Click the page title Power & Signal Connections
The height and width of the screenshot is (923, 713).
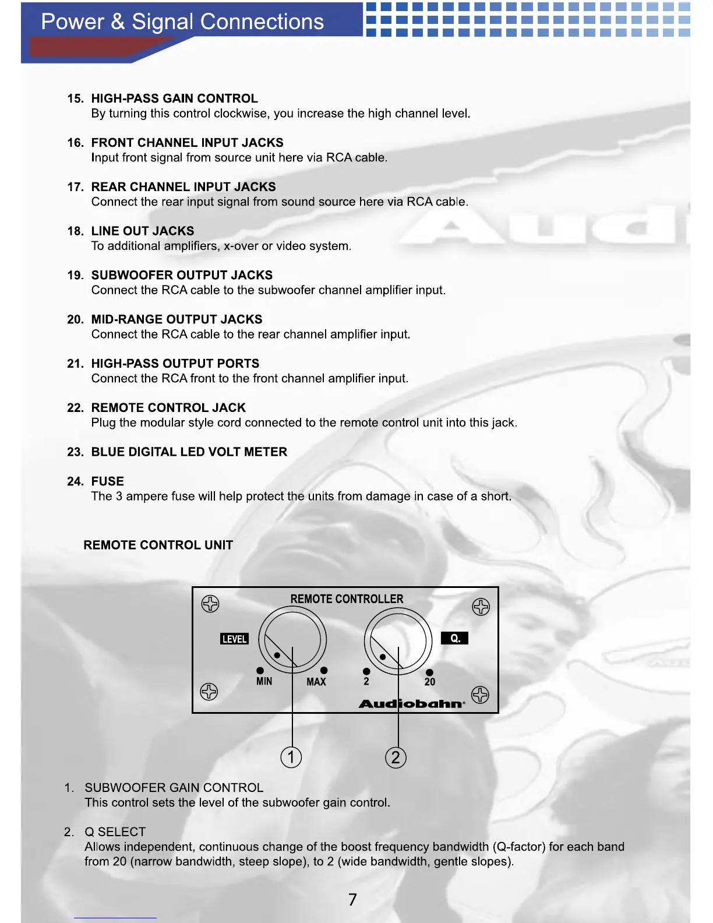click(x=182, y=22)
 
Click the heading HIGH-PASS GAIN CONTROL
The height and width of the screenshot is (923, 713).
click(x=174, y=98)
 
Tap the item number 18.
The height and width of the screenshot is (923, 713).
click(x=75, y=231)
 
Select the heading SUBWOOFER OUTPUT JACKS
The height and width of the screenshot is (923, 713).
click(x=182, y=275)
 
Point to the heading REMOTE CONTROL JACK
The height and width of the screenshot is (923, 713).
click(x=168, y=408)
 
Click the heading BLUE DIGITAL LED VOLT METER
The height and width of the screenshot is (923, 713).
click(x=189, y=452)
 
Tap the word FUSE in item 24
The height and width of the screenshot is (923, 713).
click(x=108, y=481)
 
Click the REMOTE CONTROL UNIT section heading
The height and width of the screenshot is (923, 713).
click(x=158, y=545)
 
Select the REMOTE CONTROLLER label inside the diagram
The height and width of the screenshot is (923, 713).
click(x=347, y=599)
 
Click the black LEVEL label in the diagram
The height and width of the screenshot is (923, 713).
click(x=234, y=639)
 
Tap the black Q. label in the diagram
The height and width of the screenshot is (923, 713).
click(x=455, y=639)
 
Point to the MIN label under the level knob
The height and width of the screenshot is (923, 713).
click(x=264, y=681)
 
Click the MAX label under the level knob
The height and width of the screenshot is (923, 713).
click(x=316, y=682)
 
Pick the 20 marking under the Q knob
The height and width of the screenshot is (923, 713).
click(x=430, y=682)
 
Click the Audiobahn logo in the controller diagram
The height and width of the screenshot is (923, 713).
click(x=412, y=704)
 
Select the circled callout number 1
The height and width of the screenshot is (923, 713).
click(x=291, y=757)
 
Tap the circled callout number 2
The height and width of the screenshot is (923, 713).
click(x=396, y=758)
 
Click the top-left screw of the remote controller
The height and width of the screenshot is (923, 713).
click(x=210, y=604)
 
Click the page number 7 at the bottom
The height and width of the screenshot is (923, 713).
click(x=352, y=900)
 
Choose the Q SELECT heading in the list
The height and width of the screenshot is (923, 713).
click(x=115, y=832)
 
